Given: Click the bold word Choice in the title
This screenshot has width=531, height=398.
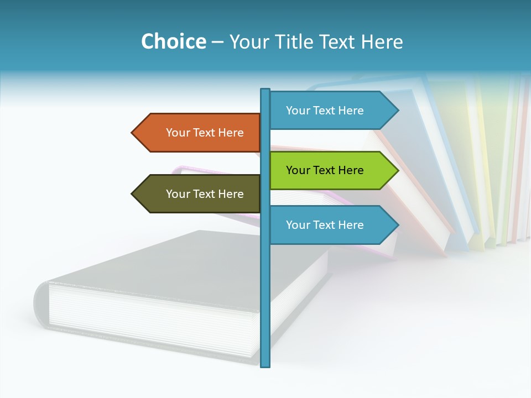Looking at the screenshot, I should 173,42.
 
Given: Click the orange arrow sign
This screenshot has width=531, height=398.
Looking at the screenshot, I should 199,133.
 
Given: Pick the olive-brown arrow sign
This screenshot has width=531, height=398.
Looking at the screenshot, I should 199,194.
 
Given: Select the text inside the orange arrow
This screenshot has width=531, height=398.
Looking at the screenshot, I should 205,133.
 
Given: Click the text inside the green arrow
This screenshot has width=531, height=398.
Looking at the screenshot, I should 325,170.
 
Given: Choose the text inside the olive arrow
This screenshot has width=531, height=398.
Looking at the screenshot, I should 205,194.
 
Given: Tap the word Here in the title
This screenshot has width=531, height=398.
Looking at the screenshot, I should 382,42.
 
